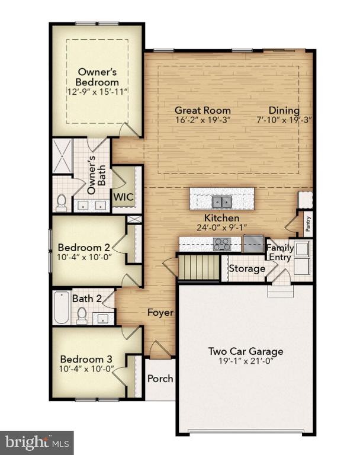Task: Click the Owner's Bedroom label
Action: coord(98,77)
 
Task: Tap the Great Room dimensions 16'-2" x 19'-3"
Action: coord(203,120)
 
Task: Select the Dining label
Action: coord(284,110)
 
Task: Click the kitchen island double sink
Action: coord(222,201)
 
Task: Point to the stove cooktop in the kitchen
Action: coord(222,244)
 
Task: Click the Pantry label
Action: coord(308,224)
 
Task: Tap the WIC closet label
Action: coord(123,197)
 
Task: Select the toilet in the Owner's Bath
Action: coord(61,203)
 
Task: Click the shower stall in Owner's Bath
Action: coord(62,156)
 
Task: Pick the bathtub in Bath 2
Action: coord(62,308)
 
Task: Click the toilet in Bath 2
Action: coord(82,316)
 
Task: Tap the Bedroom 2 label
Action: coord(84,248)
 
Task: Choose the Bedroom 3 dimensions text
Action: coord(86,369)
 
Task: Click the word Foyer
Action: coord(160,313)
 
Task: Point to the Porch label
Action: coord(160,379)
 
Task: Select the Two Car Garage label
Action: coord(246,351)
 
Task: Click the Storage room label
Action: coord(247,268)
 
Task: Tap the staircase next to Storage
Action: coord(199,267)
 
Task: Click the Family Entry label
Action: coord(280,252)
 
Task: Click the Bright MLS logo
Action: coord(37,443)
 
